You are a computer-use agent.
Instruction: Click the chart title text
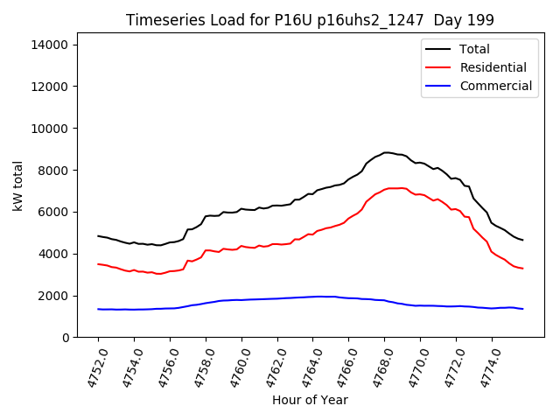click(x=310, y=20)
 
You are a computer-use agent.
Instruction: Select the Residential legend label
click(x=493, y=67)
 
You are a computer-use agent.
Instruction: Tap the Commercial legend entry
click(x=495, y=86)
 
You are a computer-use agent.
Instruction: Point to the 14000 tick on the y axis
click(x=54, y=45)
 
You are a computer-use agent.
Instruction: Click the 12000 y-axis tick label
click(x=54, y=87)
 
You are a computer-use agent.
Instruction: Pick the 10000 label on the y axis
click(x=54, y=129)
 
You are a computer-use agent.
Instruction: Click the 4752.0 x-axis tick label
click(x=91, y=367)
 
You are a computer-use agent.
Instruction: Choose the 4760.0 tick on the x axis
click(x=234, y=367)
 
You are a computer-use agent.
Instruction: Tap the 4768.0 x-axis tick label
click(x=377, y=367)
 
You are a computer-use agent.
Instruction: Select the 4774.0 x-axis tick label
click(x=485, y=367)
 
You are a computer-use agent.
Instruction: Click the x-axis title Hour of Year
click(x=310, y=401)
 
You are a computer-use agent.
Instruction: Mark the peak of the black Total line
click(x=386, y=152)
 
